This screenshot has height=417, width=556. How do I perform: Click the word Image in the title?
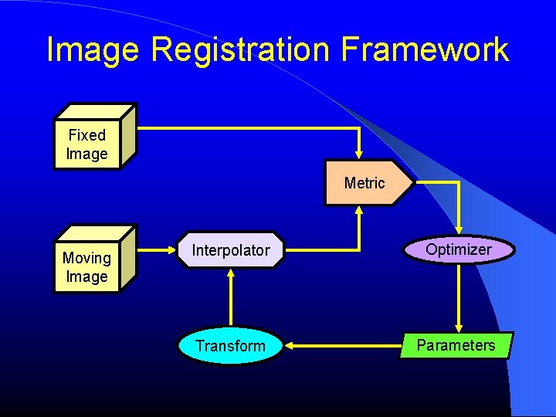[x=92, y=50]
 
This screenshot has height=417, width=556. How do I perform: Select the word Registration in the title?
[x=241, y=50]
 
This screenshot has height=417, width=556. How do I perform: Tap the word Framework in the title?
[x=425, y=50]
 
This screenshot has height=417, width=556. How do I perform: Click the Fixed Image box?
[x=87, y=144]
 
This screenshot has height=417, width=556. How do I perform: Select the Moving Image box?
[x=87, y=267]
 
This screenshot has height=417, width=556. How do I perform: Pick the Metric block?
[x=364, y=183]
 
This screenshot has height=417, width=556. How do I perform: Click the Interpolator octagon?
[x=231, y=250]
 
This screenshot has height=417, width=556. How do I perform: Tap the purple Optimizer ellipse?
[x=459, y=249]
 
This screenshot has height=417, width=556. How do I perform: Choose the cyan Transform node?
[x=230, y=346]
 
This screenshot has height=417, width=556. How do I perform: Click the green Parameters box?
[x=456, y=345]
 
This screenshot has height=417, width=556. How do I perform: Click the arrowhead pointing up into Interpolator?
[x=231, y=275]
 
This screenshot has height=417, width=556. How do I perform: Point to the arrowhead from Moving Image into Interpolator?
[x=171, y=249]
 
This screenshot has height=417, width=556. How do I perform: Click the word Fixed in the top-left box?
[x=86, y=135]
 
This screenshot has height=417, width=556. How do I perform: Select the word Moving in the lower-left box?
[x=86, y=258]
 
